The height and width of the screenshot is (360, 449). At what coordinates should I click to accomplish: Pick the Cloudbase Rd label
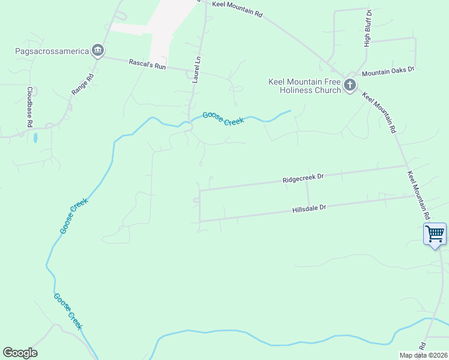pos(29,107)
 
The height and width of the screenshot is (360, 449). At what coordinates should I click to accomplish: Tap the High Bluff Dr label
pos(368,28)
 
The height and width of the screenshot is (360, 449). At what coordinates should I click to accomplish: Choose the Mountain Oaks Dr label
pos(388,70)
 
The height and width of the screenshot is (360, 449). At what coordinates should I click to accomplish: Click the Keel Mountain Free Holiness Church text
pos(304,86)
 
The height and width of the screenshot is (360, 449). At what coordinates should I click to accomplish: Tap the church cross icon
pos(351,86)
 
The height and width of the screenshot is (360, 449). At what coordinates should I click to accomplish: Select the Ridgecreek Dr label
pos(304,178)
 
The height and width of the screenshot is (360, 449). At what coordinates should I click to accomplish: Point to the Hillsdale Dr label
pos(309,208)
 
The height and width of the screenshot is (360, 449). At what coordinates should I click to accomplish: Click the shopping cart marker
pos(435,233)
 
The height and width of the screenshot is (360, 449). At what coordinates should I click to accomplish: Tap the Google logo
pos(20,353)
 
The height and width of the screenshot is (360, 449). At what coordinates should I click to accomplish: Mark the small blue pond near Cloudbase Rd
pos(35,137)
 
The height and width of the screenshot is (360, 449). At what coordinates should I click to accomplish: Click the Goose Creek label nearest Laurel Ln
pos(223,118)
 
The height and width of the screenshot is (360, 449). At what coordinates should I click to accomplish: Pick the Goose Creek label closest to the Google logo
pos(67,311)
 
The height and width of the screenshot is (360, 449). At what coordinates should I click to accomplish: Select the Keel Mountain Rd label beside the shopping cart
pos(419,195)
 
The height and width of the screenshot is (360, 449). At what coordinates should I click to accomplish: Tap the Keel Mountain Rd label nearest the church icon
pos(379,112)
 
